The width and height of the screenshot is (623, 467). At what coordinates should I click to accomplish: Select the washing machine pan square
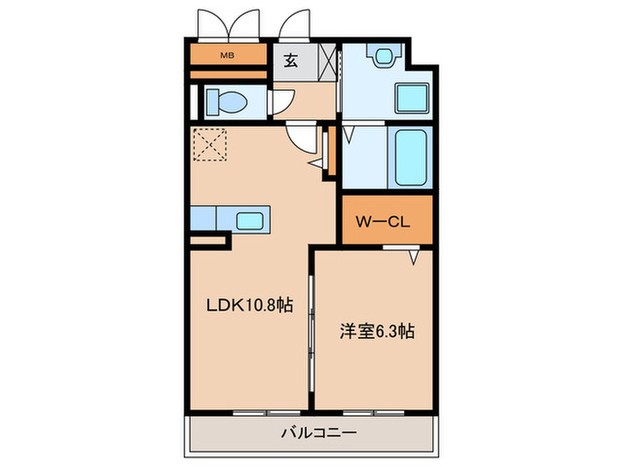tap(410, 96)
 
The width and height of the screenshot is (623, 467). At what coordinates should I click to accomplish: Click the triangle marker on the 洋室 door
tap(414, 257)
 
